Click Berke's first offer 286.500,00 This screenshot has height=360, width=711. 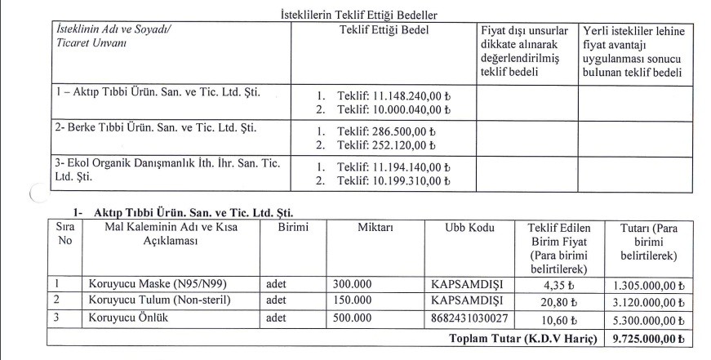click(x=398, y=131)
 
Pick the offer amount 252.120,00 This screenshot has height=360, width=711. click(x=398, y=145)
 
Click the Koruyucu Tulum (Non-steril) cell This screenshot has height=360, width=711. click(x=155, y=300)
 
